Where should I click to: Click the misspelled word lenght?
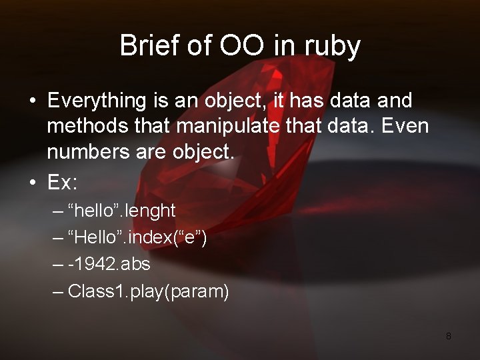tap(149, 211)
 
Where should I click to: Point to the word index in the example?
tap(148, 237)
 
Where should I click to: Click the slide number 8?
tap(449, 336)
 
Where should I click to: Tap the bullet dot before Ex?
tap(32, 182)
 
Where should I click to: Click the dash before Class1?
tap(59, 291)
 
